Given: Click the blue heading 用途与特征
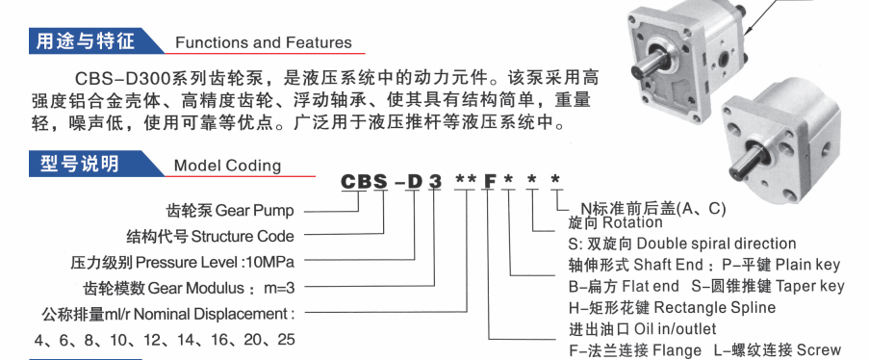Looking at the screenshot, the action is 86,41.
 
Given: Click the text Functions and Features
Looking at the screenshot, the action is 264,42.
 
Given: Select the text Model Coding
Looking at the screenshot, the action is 227,166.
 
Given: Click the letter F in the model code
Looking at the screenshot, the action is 490,180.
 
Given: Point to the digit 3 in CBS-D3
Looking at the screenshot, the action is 436,181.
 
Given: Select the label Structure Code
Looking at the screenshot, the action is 243,236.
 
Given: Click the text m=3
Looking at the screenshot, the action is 278,288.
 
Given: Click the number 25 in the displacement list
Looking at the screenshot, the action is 286,339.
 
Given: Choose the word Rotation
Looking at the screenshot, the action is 632,222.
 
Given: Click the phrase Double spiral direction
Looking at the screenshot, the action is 716,244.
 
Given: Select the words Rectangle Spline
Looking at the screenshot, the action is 715,307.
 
